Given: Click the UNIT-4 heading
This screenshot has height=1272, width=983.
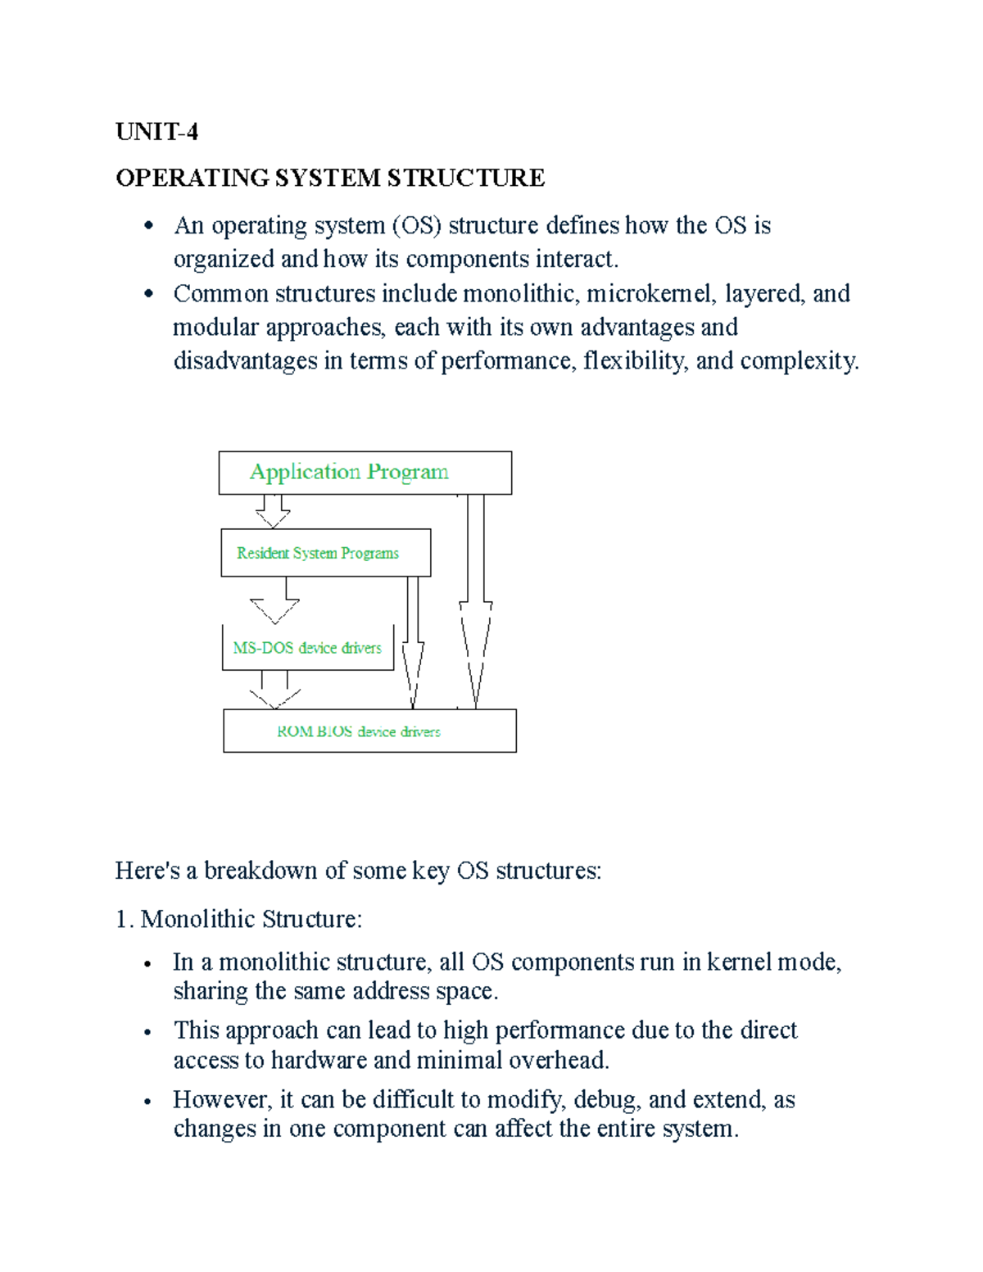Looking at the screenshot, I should click(156, 132).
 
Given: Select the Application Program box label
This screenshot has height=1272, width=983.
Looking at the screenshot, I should click(349, 472).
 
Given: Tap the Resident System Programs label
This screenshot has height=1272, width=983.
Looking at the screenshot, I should click(318, 553).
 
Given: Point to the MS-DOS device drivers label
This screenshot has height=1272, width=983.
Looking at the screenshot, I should click(307, 648).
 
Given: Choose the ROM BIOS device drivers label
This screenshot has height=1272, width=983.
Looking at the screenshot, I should click(359, 731).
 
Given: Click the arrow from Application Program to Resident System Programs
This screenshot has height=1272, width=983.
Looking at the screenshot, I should click(273, 511).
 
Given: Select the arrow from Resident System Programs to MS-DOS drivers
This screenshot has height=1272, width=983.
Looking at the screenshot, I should click(276, 603).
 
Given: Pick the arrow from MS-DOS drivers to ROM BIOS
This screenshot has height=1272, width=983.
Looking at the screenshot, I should click(275, 690).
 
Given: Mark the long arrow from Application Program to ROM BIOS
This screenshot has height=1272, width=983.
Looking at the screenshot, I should click(475, 602).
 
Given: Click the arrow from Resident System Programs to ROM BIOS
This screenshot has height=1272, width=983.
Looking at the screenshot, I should click(413, 643).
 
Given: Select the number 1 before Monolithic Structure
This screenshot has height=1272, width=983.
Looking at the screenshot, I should click(122, 919).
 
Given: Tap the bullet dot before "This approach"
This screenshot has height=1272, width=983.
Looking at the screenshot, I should click(147, 1032).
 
